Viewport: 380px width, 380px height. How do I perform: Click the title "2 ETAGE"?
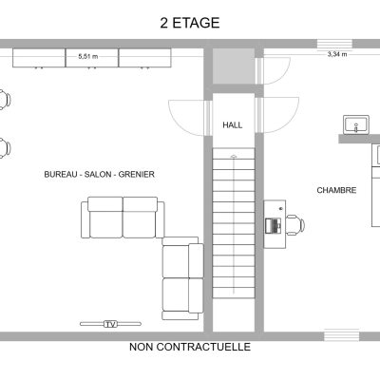pyautogui.click(x=190, y=23)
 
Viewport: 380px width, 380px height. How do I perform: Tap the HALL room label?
pyautogui.click(x=233, y=125)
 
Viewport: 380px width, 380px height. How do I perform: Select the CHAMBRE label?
pyautogui.click(x=336, y=190)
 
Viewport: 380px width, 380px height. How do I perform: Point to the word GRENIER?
pyautogui.click(x=137, y=174)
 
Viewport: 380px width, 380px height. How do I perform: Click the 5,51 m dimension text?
pyautogui.click(x=88, y=57)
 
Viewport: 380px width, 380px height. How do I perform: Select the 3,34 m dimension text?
pyautogui.click(x=337, y=54)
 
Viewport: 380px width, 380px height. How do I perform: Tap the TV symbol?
pyautogui.click(x=110, y=324)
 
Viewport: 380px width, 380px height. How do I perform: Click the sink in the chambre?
pyautogui.click(x=356, y=124)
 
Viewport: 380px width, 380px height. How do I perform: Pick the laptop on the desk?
pyautogui.click(x=274, y=226)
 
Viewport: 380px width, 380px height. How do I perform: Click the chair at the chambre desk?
pyautogui.click(x=295, y=225)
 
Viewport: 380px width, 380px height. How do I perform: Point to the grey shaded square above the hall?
pyautogui.click(x=234, y=66)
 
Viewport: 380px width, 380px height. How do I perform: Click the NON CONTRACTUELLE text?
pyautogui.click(x=190, y=347)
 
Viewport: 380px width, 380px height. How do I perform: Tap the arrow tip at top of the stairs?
pyautogui.click(x=234, y=156)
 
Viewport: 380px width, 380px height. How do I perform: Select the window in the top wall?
pyautogui.click(x=334, y=44)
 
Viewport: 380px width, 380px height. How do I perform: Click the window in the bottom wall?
pyautogui.click(x=342, y=335)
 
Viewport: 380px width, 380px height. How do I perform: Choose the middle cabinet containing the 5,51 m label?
pyautogui.click(x=92, y=58)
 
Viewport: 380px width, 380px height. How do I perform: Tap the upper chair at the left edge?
pyautogui.click(x=5, y=100)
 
